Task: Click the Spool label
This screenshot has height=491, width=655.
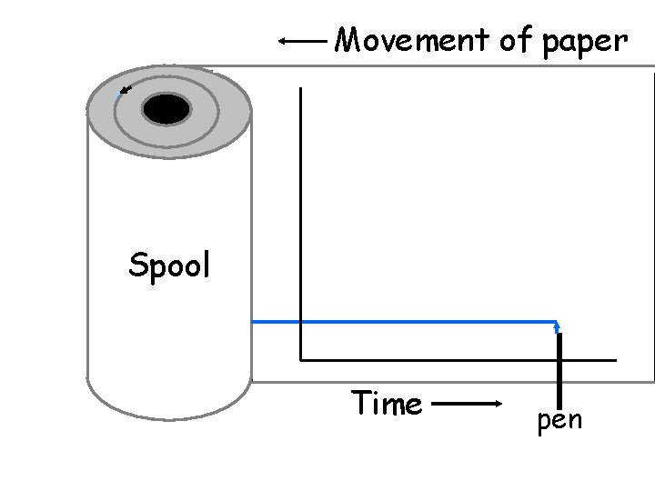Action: [x=169, y=266]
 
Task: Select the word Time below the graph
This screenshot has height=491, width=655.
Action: [x=387, y=403]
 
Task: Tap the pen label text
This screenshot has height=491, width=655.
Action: [x=559, y=421]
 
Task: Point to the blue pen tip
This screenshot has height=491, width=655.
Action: [x=557, y=326]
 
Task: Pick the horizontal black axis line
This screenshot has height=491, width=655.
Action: [x=455, y=360]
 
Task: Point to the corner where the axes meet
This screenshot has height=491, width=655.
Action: [x=300, y=360]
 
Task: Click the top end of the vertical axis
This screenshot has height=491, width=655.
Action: [x=300, y=88]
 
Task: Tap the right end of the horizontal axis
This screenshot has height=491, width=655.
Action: [x=615, y=360]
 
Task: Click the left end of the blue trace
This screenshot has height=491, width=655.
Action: [x=255, y=321]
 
